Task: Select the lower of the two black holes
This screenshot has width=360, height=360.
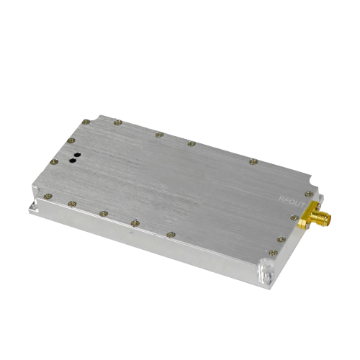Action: (73, 161)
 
